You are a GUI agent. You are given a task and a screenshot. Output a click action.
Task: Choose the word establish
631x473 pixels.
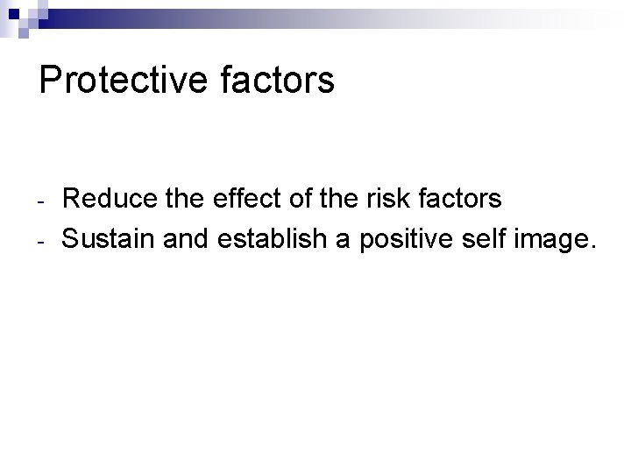274,238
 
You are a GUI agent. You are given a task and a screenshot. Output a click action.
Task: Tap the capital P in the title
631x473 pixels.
49,80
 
